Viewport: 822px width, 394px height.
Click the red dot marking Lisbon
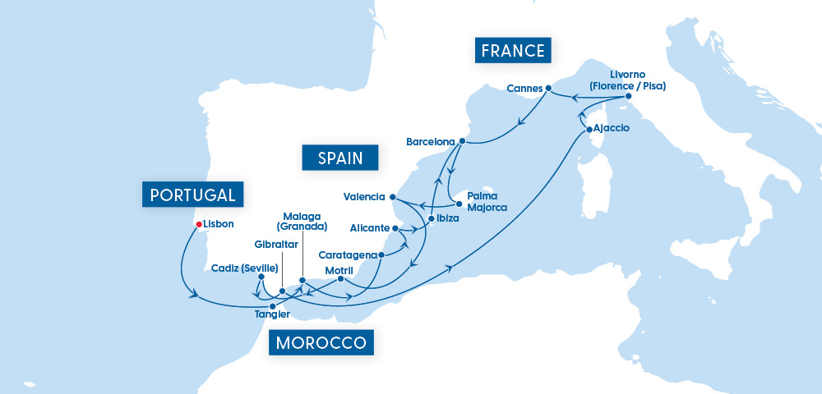(x=198, y=223)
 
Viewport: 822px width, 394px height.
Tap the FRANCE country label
(x=513, y=51)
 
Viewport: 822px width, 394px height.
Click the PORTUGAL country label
(x=193, y=194)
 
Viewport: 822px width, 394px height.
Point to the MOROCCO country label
(x=321, y=342)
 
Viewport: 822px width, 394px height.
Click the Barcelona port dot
(x=463, y=141)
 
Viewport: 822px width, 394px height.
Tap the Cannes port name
(x=525, y=88)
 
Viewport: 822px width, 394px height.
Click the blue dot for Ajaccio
(x=589, y=130)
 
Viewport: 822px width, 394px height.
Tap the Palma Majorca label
(x=487, y=202)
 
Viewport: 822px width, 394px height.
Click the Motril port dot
(x=339, y=279)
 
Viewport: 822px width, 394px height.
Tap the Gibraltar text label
(x=277, y=245)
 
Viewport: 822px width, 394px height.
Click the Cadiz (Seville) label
(x=244, y=268)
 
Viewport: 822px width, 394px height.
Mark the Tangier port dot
(x=273, y=306)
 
